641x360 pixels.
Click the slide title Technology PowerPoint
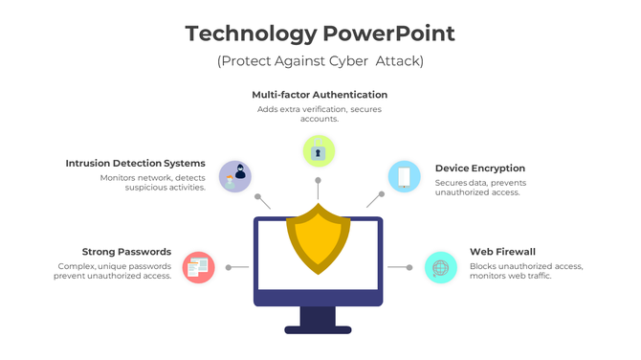320,34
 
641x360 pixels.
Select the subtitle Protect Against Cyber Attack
320,61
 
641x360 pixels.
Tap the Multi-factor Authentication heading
320,95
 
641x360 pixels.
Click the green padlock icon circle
318,150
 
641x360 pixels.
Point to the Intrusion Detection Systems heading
136,163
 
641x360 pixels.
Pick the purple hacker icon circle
235,175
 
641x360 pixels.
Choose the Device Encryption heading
479,169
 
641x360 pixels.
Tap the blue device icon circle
404,175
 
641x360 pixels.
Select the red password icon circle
198,267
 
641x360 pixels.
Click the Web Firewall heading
501,252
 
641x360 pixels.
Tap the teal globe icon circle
440,267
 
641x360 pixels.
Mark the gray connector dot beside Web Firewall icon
409,267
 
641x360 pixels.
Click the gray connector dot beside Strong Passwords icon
228,267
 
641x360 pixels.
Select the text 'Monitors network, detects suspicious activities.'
152,182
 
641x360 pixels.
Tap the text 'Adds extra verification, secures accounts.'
320,114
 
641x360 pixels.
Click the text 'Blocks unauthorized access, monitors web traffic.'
525,271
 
